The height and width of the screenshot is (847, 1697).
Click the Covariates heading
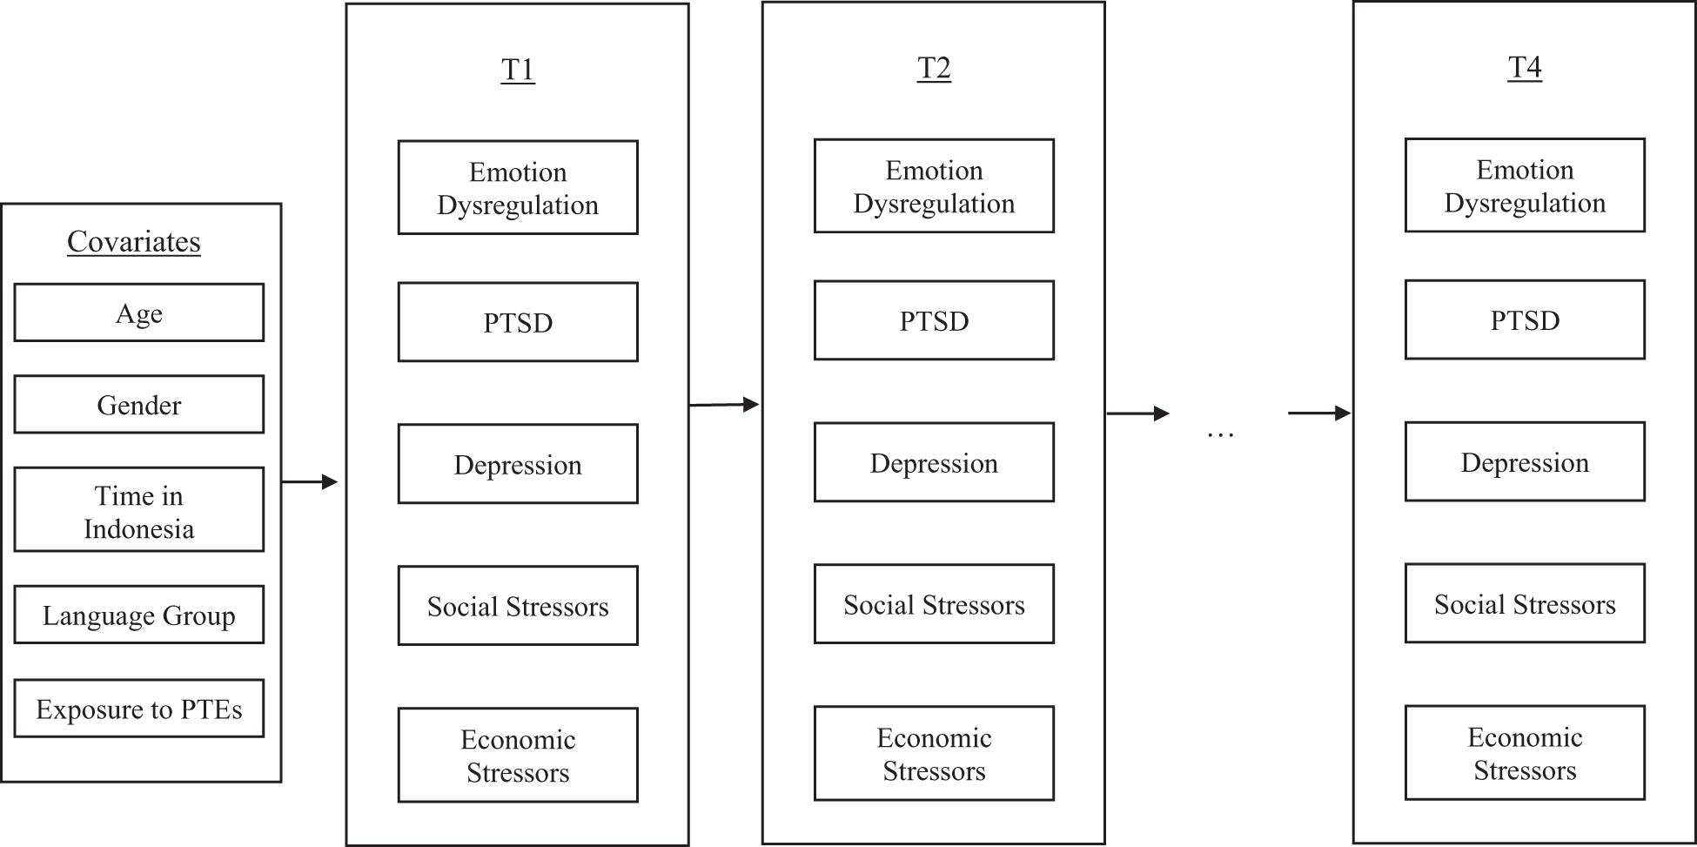click(134, 242)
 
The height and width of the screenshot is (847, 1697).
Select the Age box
click(139, 313)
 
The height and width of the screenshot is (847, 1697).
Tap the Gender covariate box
click(139, 405)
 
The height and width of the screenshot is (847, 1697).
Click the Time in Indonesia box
click(139, 510)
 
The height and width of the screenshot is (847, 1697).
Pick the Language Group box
click(139, 615)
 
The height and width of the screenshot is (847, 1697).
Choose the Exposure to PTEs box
click(139, 709)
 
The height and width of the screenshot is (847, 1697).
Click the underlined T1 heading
click(518, 70)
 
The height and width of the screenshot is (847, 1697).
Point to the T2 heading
click(934, 68)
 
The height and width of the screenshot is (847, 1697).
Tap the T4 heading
click(1525, 67)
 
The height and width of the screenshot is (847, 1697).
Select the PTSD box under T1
click(518, 322)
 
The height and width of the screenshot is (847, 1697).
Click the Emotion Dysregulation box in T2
click(934, 186)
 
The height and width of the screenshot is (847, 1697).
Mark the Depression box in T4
click(1525, 462)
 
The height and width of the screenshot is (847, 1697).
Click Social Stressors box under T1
click(518, 606)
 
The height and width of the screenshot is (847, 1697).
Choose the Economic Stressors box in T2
click(934, 754)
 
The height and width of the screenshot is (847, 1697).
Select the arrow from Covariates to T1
click(310, 481)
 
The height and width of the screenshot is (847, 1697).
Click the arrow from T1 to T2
click(724, 405)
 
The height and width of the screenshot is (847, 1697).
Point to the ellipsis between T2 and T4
click(1221, 433)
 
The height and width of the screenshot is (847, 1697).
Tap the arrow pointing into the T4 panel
click(1318, 413)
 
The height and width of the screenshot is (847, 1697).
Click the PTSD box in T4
click(1525, 320)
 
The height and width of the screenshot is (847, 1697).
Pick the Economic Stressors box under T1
click(518, 756)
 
